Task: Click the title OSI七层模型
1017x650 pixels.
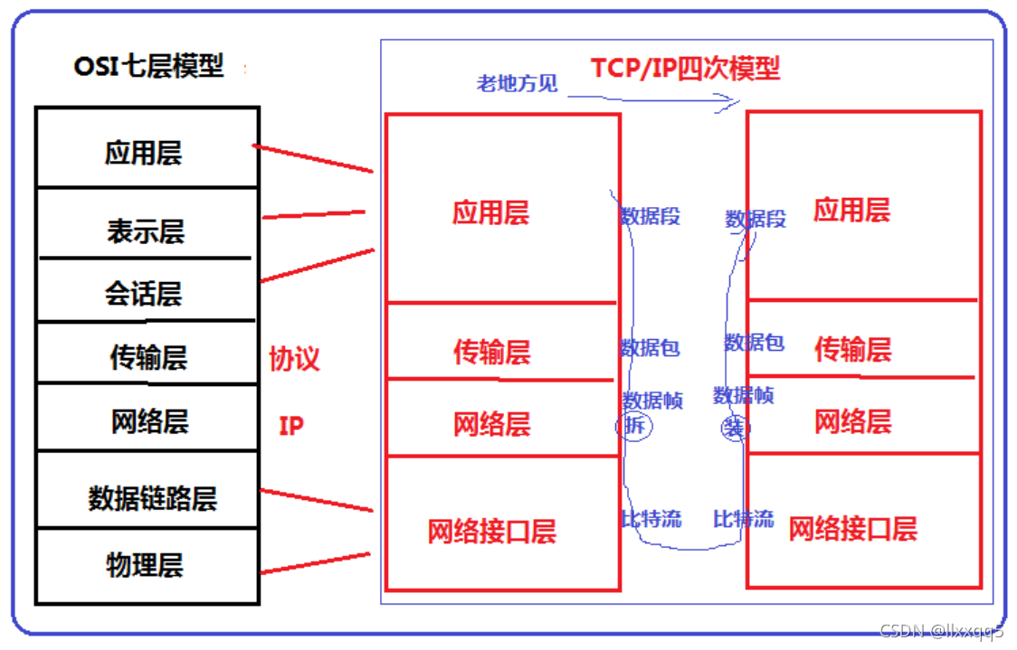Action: tap(148, 67)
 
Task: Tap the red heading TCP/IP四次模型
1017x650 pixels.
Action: tap(685, 68)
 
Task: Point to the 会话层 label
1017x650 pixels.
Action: tap(144, 294)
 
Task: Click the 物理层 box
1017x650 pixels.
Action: tap(145, 566)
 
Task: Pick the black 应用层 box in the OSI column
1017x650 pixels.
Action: tap(144, 153)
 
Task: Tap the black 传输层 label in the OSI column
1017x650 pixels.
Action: tap(148, 358)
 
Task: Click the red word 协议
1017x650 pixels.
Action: tap(294, 359)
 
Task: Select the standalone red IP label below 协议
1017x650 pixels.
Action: tap(290, 426)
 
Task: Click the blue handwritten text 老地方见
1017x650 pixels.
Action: tap(517, 84)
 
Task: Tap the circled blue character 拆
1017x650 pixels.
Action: tap(633, 425)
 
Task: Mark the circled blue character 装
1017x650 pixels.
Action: tap(733, 427)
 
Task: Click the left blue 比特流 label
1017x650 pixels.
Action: tap(651, 519)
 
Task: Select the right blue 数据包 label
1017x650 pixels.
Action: tap(754, 343)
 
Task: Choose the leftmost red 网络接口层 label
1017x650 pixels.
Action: tap(491, 532)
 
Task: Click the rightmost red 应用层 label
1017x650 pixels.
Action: tap(851, 211)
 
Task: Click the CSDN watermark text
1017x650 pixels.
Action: tap(942, 631)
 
